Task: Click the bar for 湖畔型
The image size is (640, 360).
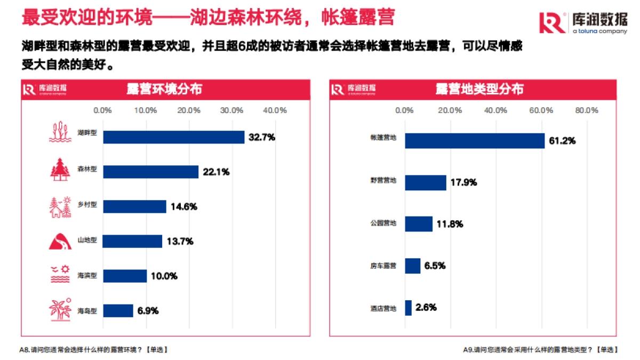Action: click(x=174, y=137)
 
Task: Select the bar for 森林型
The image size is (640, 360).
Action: click(x=151, y=172)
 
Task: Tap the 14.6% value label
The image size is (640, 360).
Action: click(x=183, y=206)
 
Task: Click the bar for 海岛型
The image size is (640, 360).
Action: click(x=118, y=310)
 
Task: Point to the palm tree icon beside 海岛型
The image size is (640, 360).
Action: click(x=60, y=310)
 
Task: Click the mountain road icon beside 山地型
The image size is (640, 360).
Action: click(x=60, y=241)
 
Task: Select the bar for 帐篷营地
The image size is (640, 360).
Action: click(x=475, y=141)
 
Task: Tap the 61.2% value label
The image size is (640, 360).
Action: click(x=562, y=141)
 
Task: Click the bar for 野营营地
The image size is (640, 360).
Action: click(x=426, y=182)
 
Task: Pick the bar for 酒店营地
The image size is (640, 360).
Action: click(x=409, y=308)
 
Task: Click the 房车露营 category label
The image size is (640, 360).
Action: click(x=383, y=266)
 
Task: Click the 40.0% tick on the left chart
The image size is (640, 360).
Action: click(x=275, y=110)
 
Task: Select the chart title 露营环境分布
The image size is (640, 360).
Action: click(x=164, y=89)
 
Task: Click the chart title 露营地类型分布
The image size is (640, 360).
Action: click(x=479, y=89)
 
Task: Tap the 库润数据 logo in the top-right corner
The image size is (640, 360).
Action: click(x=583, y=22)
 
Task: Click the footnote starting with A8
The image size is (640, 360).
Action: click(x=93, y=350)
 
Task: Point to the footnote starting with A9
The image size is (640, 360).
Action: click(x=540, y=350)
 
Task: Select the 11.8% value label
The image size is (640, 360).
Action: click(x=449, y=224)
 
